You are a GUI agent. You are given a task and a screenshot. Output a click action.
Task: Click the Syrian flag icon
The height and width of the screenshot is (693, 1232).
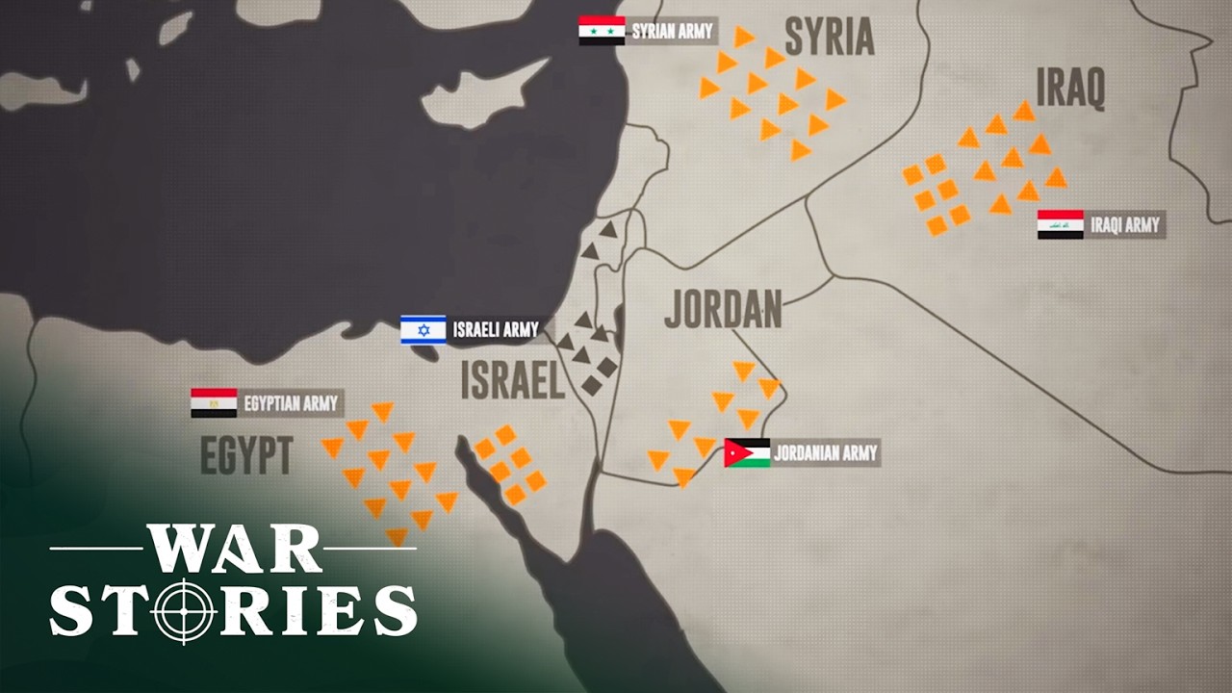[x=602, y=31]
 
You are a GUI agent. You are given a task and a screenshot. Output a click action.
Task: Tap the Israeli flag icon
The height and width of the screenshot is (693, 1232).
[x=423, y=330]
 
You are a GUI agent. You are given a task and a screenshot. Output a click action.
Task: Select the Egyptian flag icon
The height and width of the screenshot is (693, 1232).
[x=214, y=403]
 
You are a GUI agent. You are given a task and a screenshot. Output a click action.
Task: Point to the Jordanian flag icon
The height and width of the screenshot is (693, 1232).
[x=747, y=452]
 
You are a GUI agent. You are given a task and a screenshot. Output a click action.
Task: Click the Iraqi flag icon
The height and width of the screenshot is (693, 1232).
[x=1060, y=225]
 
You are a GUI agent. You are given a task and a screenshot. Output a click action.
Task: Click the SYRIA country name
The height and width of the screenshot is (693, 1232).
[x=829, y=38]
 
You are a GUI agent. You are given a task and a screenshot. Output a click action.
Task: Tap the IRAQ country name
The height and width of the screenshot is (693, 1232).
[x=1069, y=90]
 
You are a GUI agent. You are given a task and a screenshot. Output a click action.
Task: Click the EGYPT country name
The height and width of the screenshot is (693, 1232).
[x=246, y=455]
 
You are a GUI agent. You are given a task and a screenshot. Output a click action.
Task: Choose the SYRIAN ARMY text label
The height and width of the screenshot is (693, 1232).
[x=672, y=32]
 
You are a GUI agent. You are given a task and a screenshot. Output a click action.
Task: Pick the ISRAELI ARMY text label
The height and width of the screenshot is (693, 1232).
[x=496, y=330]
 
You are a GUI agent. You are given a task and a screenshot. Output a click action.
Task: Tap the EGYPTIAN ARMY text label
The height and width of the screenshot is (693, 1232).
[x=290, y=403]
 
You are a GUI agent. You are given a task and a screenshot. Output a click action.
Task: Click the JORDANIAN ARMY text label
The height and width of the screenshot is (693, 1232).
[x=825, y=452]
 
